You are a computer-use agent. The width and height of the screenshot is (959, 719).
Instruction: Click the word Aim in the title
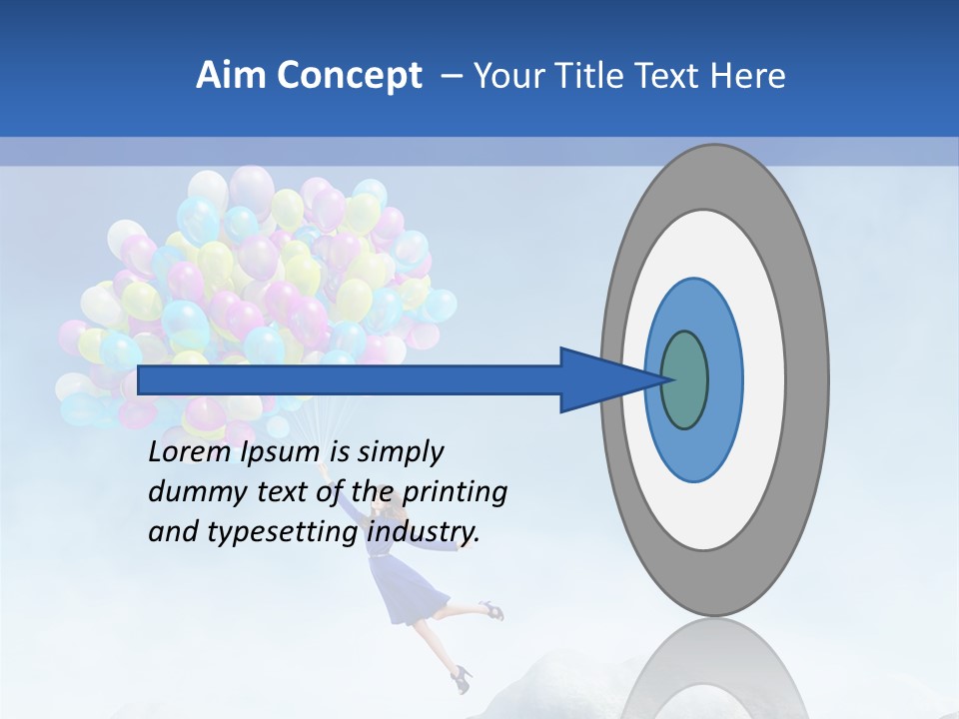tap(228, 76)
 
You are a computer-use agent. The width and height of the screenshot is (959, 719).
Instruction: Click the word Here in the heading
tap(748, 76)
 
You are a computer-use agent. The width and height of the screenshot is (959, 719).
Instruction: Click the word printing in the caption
tap(455, 493)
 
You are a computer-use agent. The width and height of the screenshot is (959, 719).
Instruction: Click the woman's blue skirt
tap(409, 590)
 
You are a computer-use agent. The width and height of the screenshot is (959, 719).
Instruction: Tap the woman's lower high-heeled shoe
tap(463, 678)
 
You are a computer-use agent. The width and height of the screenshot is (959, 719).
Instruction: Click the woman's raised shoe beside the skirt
tap(490, 608)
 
